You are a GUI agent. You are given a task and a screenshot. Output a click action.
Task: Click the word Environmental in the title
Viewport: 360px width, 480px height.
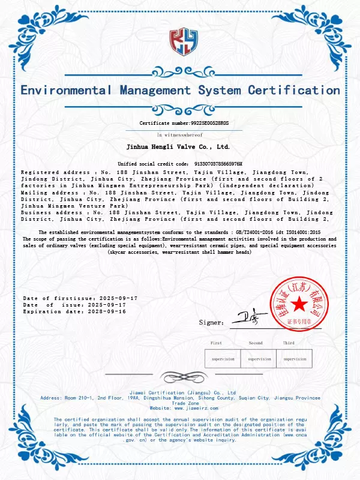tap(66, 91)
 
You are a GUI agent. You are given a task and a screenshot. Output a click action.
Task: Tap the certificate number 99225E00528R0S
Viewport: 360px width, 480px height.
tap(201, 123)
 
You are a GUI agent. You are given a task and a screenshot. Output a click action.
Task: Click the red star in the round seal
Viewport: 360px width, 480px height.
tap(298, 305)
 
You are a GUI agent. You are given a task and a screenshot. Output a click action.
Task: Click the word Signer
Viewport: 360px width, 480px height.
tap(211, 323)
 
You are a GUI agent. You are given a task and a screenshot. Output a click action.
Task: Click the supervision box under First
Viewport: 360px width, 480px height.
tap(223, 359)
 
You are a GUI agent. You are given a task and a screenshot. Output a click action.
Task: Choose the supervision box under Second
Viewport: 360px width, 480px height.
tap(259, 359)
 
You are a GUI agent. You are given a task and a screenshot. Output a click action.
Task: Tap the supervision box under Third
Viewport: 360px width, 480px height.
tap(295, 359)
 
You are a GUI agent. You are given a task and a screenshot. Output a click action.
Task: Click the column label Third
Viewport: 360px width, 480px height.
tap(289, 343)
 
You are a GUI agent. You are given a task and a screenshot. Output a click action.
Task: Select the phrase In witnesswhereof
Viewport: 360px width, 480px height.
tap(180, 135)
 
